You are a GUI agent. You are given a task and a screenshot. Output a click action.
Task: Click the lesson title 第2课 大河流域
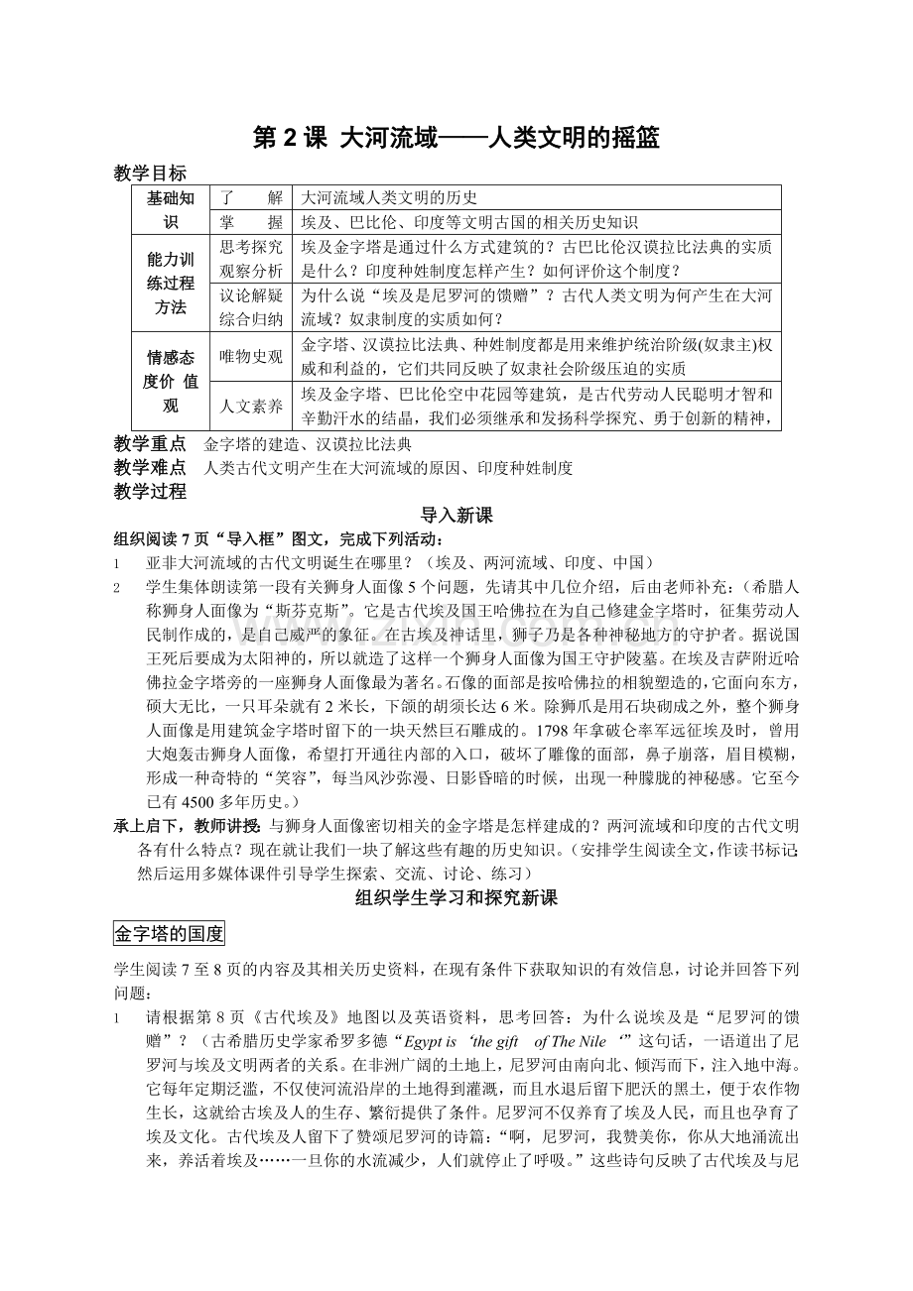coord(456,139)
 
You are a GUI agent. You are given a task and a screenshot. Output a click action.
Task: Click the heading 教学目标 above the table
coord(150,174)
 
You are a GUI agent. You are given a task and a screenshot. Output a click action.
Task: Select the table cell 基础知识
coord(172,209)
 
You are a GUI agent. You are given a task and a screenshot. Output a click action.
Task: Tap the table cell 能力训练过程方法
coord(172,284)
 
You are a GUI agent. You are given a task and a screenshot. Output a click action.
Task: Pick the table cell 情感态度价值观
coord(172,382)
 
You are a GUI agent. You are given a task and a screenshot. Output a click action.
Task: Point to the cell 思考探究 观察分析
coord(251,258)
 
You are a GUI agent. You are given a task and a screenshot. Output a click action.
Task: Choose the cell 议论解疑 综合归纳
coord(251,307)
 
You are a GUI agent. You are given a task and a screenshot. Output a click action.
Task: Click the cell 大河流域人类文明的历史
coord(390,197)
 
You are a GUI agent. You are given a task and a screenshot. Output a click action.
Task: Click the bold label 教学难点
coord(150,468)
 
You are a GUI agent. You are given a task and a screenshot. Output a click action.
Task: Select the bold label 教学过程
coord(150,491)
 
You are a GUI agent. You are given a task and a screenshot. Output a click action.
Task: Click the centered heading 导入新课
coord(456,516)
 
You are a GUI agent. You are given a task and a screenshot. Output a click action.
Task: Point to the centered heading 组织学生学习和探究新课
coord(456,898)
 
